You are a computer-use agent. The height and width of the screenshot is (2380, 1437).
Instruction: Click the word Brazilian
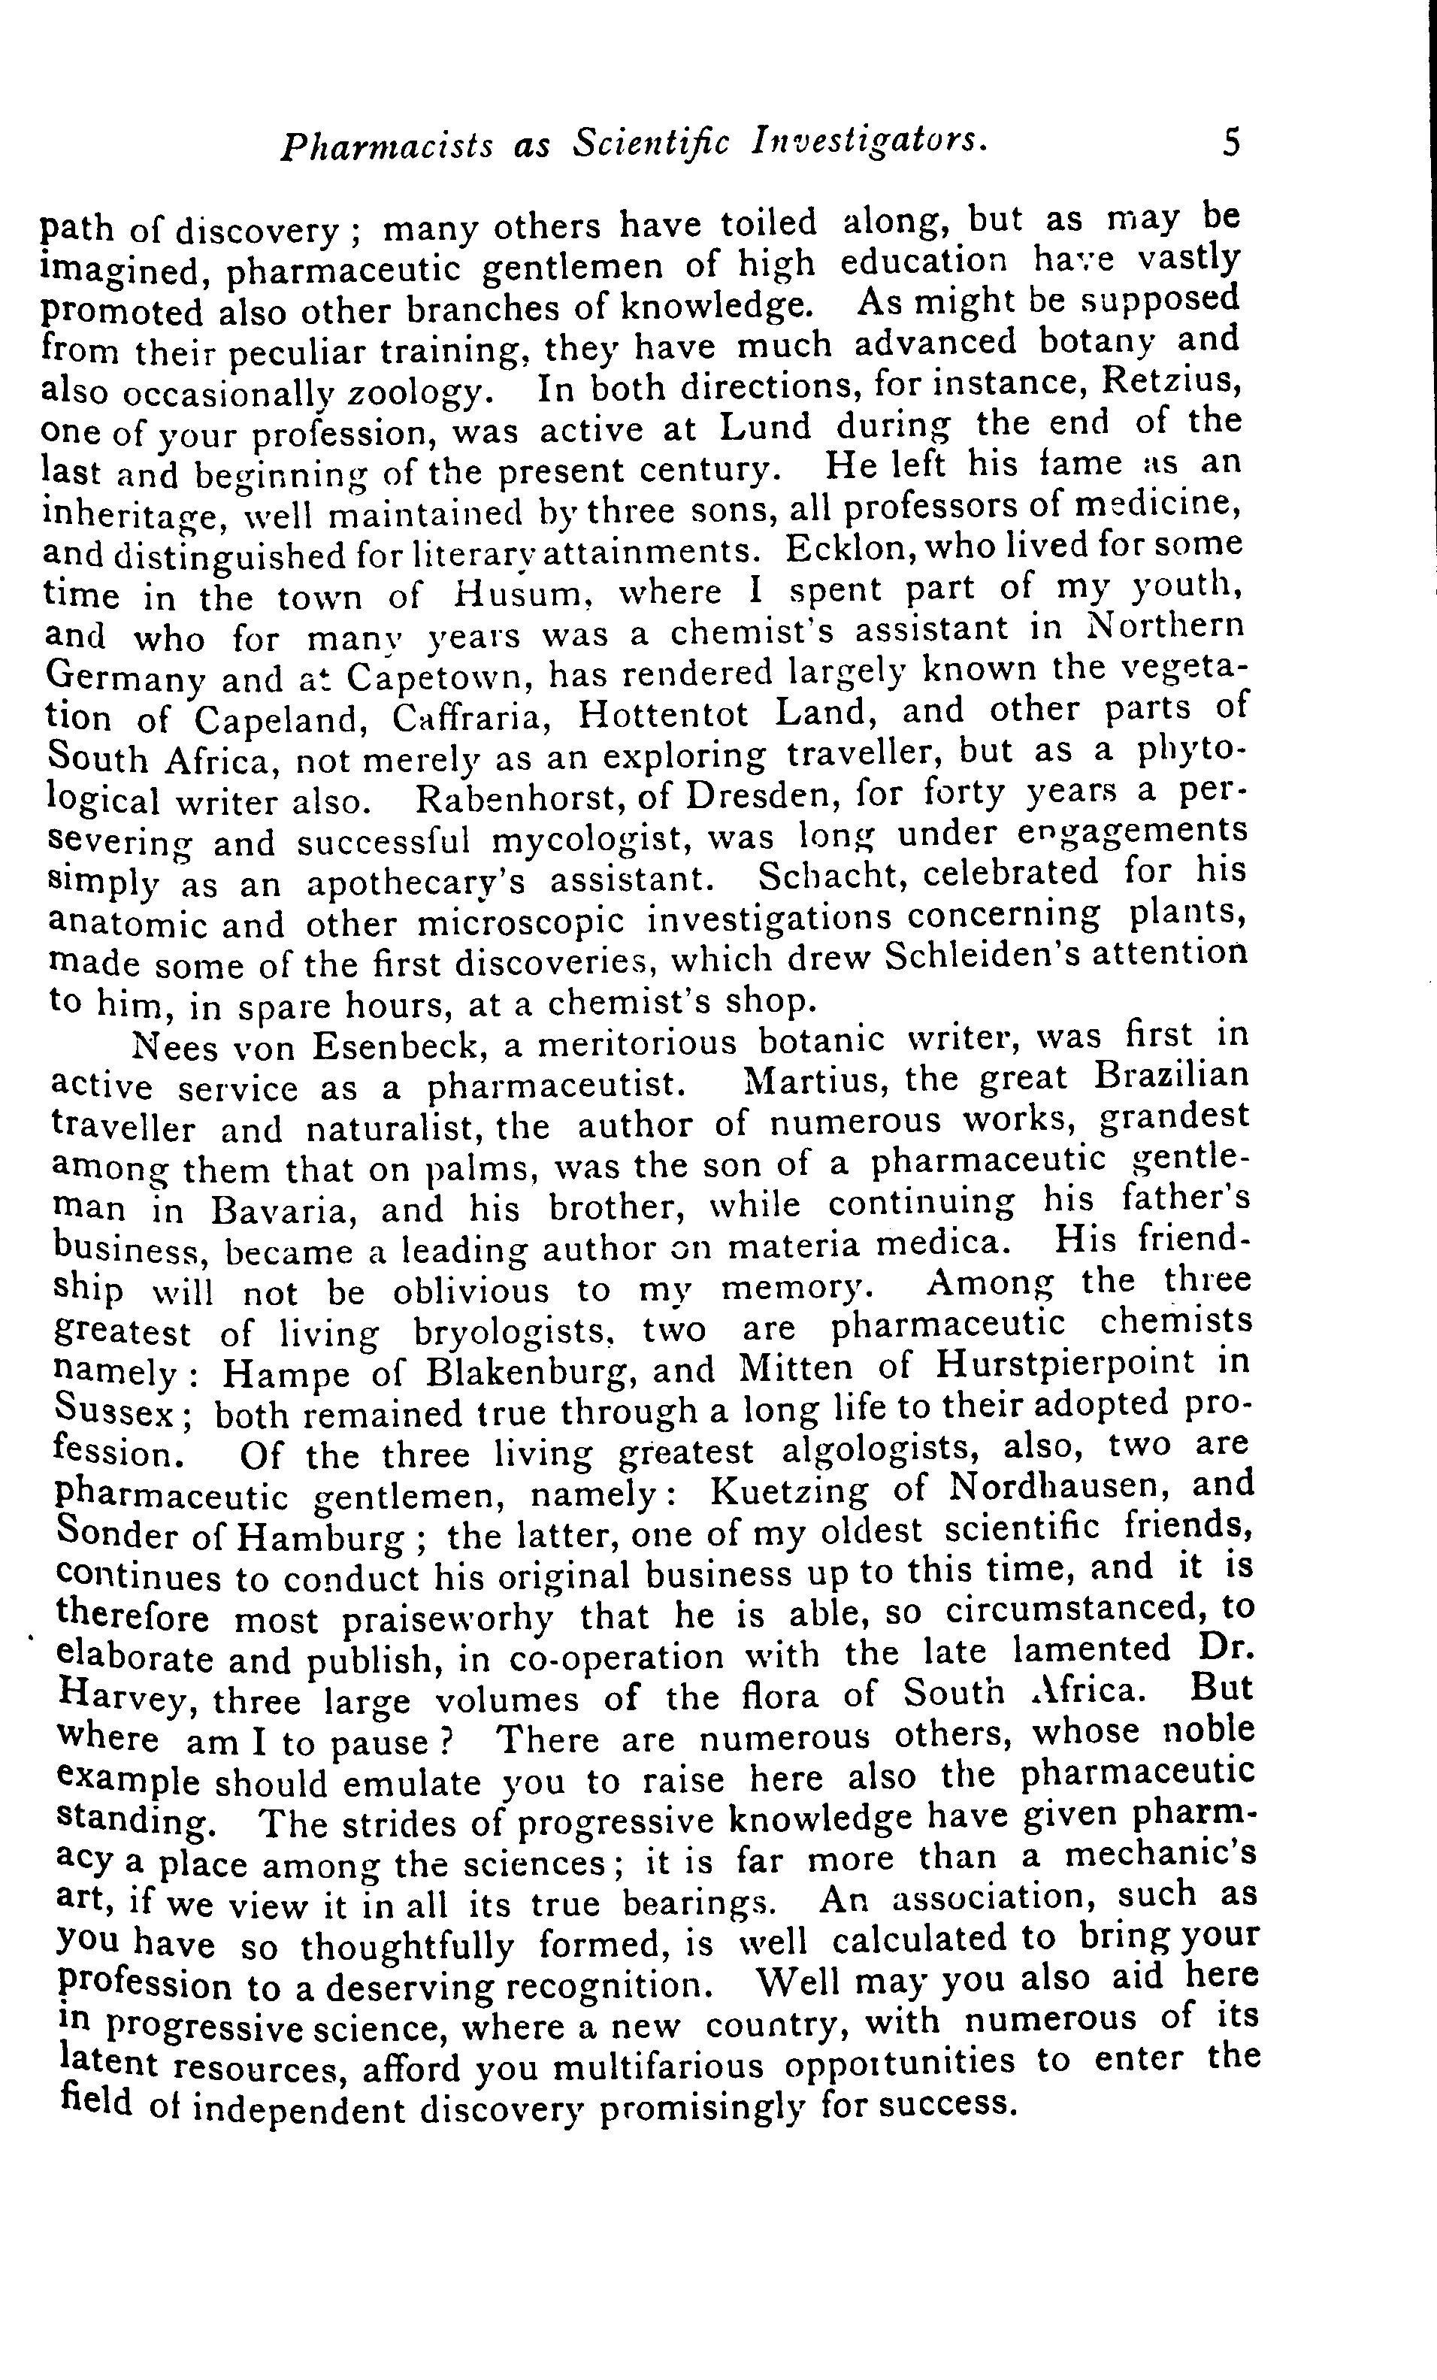[x=1172, y=1076]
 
